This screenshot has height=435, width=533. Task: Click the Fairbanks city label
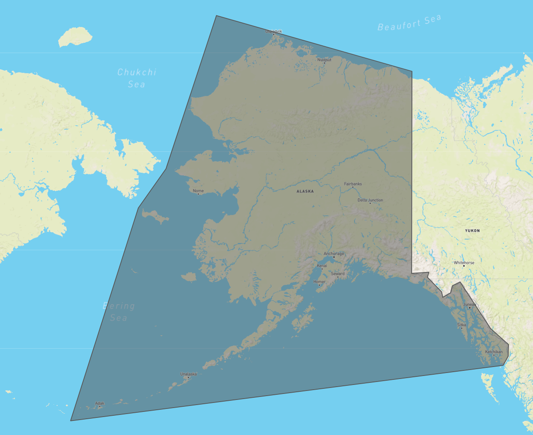point(353,184)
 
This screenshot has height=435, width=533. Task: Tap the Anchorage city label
point(334,254)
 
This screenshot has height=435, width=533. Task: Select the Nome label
point(198,191)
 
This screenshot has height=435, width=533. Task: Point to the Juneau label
point(469,305)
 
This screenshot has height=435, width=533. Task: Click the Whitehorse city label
point(464,263)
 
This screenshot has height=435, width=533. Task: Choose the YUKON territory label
point(472,231)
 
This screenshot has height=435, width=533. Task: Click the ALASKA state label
point(305,191)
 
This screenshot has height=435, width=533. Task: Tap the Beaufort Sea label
point(409,23)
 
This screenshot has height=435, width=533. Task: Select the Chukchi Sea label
point(137,78)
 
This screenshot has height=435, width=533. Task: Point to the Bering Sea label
point(119,312)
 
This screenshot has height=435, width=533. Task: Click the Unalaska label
point(188,374)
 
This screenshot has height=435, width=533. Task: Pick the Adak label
point(100,403)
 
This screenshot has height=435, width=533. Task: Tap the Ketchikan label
point(494,352)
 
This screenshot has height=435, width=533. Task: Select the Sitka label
point(462,325)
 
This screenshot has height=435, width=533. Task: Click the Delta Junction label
point(370,200)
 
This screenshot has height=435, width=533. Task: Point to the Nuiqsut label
point(324,59)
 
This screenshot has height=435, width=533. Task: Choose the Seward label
point(338,273)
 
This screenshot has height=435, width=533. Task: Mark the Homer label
point(319,281)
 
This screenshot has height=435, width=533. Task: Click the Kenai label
point(322,266)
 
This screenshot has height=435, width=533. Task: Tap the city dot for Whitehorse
point(464,266)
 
